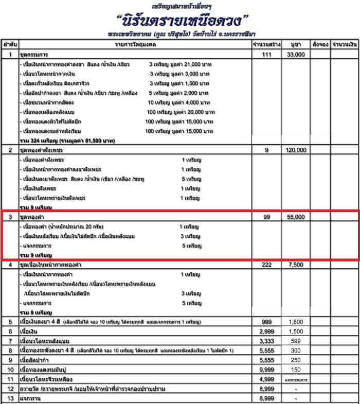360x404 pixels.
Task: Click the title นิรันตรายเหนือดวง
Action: tap(183, 22)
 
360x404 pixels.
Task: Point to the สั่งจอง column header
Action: tap(320, 45)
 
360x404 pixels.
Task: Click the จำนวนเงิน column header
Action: tap(344, 45)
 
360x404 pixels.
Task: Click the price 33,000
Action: tap(295, 55)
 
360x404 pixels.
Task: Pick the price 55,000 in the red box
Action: tap(295, 217)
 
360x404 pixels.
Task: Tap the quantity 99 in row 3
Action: tap(266, 217)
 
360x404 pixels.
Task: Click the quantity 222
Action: tap(266, 265)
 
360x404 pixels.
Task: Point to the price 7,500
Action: tap(295, 265)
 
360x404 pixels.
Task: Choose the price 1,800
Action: tap(295, 322)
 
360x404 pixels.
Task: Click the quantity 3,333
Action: tap(266, 341)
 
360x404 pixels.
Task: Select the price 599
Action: tap(295, 341)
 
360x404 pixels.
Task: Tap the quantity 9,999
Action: tap(266, 370)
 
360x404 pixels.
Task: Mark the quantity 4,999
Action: tap(266, 379)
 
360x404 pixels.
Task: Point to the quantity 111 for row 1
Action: tap(266, 55)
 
